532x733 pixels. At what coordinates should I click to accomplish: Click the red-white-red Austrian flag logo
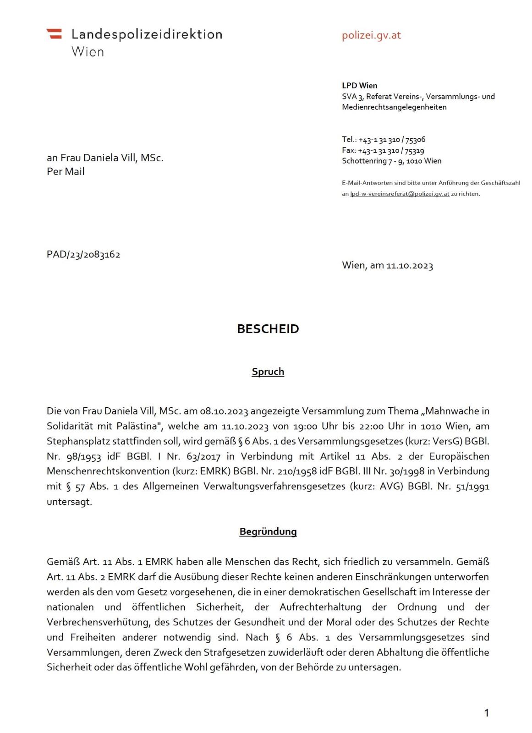(54, 33)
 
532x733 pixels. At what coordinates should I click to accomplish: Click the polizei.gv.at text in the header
(371, 35)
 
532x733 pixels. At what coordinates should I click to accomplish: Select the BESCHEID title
(268, 329)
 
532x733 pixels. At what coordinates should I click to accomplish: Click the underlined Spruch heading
(268, 372)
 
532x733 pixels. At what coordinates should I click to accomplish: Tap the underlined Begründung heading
(268, 531)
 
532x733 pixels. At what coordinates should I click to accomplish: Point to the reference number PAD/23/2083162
(83, 255)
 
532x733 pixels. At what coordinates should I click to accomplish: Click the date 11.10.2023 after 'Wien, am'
(409, 266)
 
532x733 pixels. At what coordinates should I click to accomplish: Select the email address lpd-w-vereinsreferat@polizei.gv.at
(400, 194)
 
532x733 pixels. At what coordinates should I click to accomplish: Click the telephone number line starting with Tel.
(384, 140)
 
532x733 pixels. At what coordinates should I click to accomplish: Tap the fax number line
(383, 151)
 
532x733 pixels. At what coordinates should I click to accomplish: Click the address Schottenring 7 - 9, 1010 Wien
(391, 161)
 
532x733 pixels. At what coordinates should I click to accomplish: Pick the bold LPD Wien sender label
(359, 85)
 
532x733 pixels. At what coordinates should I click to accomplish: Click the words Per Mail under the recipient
(66, 172)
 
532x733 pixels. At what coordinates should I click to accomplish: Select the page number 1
(486, 712)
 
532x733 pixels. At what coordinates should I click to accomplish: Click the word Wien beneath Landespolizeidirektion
(88, 52)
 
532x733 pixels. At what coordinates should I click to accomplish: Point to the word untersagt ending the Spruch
(69, 502)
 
